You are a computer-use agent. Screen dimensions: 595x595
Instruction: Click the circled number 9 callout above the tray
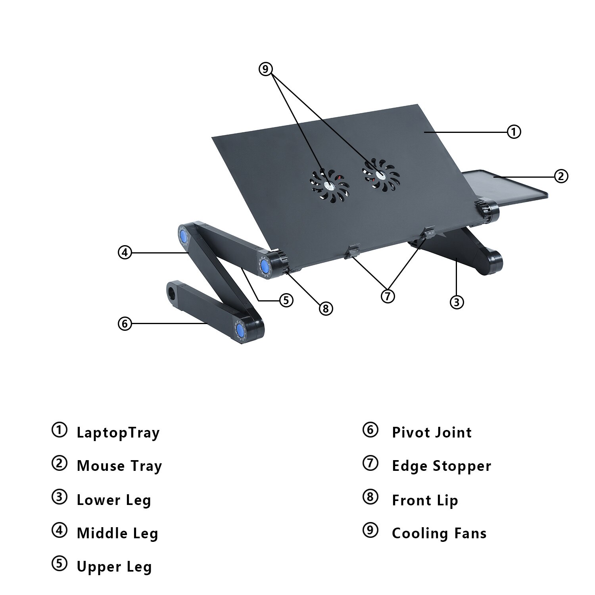(266, 69)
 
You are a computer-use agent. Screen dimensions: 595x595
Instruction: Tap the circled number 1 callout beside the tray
(514, 131)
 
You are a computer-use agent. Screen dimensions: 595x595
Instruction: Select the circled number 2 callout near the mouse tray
(561, 176)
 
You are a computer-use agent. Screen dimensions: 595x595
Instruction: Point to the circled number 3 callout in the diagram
(457, 302)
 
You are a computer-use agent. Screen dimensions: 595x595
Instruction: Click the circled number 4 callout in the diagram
(125, 252)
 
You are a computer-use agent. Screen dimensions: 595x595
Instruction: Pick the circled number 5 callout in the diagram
(286, 300)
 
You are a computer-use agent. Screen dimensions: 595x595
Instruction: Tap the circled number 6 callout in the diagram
(125, 324)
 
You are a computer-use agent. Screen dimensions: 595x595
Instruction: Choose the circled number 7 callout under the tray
(388, 296)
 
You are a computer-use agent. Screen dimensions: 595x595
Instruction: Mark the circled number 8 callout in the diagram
(326, 308)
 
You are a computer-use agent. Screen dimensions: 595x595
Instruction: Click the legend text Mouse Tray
(119, 466)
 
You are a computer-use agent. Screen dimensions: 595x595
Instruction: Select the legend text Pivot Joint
(432, 432)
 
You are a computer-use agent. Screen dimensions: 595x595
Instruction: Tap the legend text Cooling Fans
(439, 534)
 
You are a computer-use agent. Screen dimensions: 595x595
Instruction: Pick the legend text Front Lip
(425, 501)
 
